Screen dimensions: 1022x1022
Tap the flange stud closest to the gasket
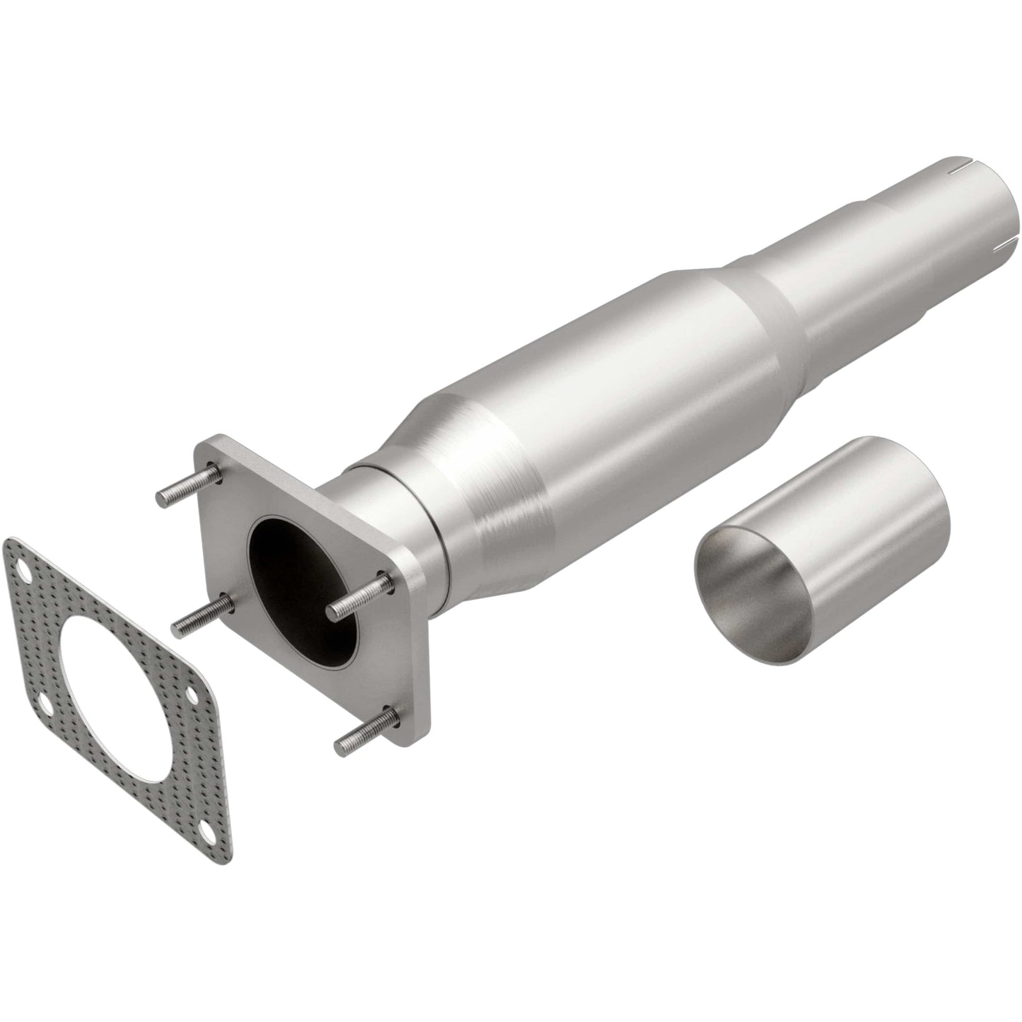point(202,614)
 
